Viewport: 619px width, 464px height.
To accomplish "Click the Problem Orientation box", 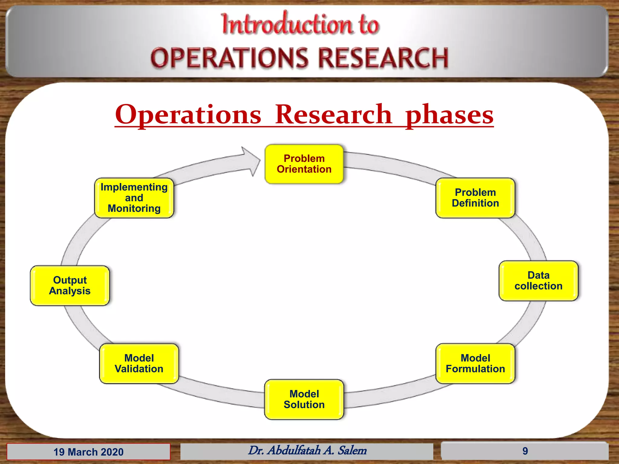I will tap(304, 164).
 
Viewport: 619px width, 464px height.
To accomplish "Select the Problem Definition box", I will tap(475, 198).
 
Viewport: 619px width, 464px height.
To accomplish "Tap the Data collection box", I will tap(538, 281).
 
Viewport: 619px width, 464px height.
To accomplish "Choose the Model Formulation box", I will tap(475, 363).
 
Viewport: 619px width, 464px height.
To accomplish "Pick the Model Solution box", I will tap(304, 399).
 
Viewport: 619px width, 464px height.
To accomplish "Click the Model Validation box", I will tap(139, 363).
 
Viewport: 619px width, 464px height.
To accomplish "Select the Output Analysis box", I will tap(70, 285).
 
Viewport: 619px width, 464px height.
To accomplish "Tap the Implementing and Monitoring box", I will tap(134, 198).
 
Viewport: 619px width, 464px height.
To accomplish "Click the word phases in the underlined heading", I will tap(449, 115).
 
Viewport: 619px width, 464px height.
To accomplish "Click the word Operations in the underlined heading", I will tap(188, 115).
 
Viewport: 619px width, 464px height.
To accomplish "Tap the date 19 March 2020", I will tap(89, 452).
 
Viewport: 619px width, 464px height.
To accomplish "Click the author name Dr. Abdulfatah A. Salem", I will tap(307, 450).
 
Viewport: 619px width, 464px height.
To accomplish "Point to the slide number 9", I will tap(525, 451).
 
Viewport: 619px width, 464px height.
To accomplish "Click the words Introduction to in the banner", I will tap(300, 24).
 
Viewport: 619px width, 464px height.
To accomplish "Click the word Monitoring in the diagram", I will tap(134, 208).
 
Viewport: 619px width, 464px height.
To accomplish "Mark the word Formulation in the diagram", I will tap(475, 369).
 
